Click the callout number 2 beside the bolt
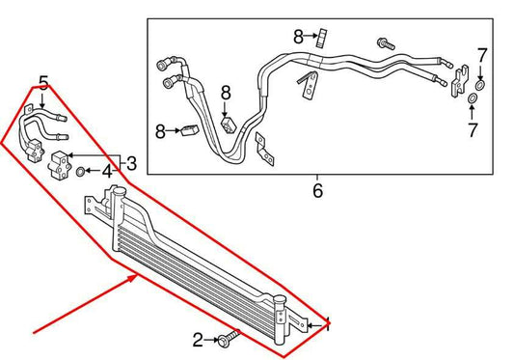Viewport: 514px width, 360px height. [198, 339]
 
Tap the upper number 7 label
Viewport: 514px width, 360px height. [482, 54]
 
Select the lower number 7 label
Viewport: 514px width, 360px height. [473, 127]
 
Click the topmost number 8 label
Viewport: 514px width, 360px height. [300, 37]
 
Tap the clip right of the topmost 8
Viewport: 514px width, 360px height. [322, 38]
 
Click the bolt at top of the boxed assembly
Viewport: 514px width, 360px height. [383, 43]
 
